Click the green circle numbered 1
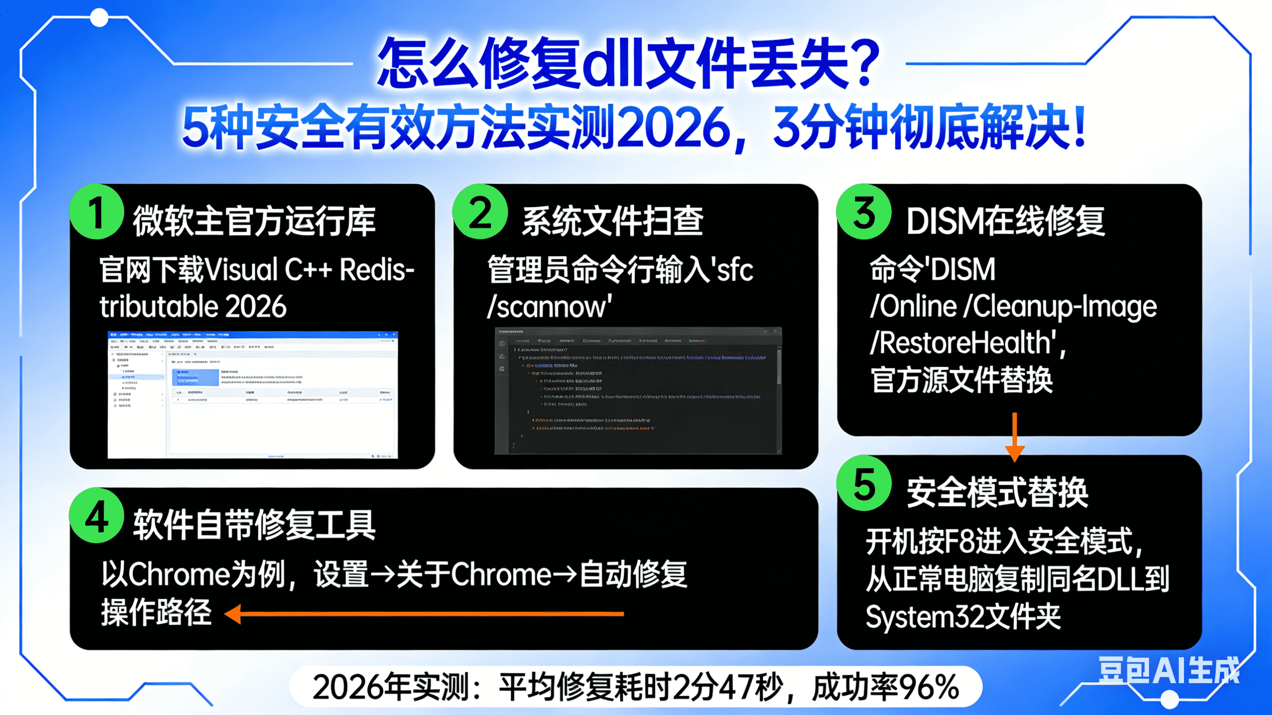point(96,212)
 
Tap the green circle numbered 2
point(480,212)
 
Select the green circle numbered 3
point(864,212)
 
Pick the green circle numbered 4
point(96,516)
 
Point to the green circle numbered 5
point(864,483)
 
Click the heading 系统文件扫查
point(612,221)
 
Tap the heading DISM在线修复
point(1005,221)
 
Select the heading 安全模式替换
point(997,492)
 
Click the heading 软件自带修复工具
point(254,524)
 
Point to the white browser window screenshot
point(253,395)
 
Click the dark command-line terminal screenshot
point(638,390)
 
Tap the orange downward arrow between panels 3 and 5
point(1015,437)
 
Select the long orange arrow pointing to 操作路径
point(424,614)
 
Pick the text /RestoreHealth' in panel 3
point(966,343)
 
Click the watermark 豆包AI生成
point(1168,670)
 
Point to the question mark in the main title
point(862,63)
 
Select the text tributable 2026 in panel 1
point(192,306)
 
